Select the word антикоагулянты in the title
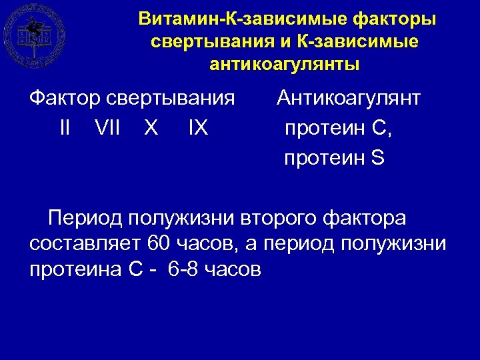(x=285, y=65)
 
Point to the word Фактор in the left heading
(x=65, y=99)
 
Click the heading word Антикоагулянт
(x=349, y=99)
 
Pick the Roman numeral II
(x=65, y=127)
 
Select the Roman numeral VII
(x=108, y=127)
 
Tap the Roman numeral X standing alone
(x=151, y=127)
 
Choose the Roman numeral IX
(x=199, y=127)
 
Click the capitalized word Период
(x=85, y=218)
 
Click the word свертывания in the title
(x=207, y=42)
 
